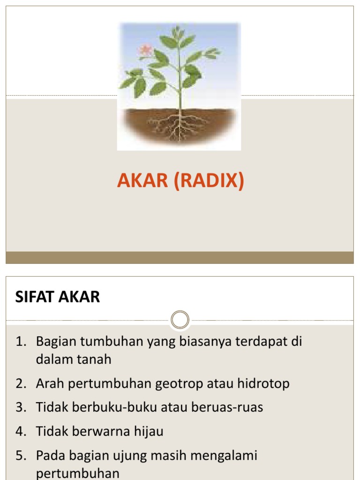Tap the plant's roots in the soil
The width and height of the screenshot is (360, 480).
[x=178, y=125]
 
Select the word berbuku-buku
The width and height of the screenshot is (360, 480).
[x=116, y=407]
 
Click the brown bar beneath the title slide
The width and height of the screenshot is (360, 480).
[x=180, y=257]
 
